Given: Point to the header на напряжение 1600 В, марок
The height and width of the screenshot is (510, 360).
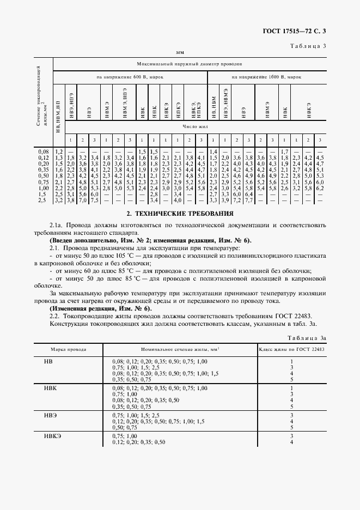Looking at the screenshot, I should (x=266, y=77).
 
